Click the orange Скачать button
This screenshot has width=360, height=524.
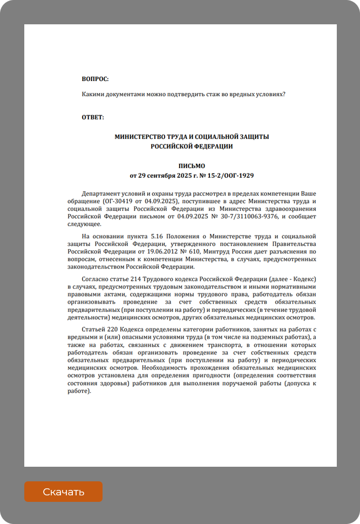63,492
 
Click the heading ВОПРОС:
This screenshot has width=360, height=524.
95,79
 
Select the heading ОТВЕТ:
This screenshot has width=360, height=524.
93,117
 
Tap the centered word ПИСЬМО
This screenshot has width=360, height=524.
192,166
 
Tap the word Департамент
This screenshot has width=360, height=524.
102,193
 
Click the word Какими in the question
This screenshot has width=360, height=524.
93,94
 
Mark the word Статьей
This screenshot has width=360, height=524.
95,329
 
